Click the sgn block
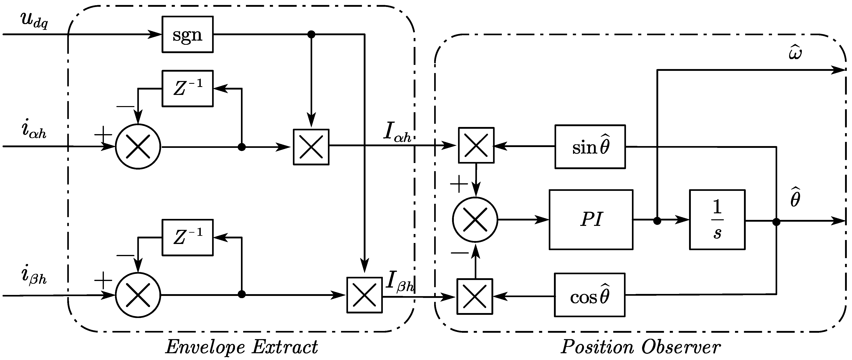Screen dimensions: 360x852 tap(187, 34)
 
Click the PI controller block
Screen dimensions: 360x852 tap(591, 219)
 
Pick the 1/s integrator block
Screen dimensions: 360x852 tap(717, 219)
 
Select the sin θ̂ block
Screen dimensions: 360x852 tap(590, 147)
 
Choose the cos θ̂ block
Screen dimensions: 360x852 tap(589, 295)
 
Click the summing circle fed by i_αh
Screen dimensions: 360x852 tap(138, 147)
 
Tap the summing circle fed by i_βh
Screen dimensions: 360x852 tap(138, 295)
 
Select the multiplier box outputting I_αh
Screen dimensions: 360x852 tap(311, 147)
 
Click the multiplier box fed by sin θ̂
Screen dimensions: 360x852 tap(476, 145)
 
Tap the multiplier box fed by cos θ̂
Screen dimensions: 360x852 tap(475, 297)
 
